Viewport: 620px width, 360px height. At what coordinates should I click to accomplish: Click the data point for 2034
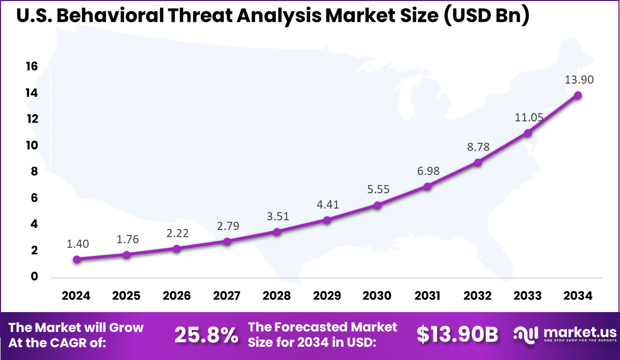578,95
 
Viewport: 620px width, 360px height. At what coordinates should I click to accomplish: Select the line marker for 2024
76,259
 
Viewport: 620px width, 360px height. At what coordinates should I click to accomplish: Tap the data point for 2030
377,205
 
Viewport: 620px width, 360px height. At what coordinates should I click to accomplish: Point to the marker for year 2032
478,162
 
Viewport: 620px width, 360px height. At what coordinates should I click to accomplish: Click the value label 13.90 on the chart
579,80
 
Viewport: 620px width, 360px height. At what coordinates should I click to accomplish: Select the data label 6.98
428,171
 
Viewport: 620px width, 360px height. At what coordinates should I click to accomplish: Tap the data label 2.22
177,233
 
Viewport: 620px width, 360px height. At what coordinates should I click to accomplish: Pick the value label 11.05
528,117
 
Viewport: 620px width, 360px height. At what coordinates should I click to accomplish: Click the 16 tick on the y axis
32,67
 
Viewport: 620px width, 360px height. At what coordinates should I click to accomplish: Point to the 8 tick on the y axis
35,172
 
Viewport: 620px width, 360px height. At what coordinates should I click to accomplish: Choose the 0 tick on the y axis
35,277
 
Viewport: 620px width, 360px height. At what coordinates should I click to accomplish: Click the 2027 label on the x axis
227,296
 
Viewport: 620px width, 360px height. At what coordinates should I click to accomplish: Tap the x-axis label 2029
327,296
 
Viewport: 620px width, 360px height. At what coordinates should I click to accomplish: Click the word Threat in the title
193,16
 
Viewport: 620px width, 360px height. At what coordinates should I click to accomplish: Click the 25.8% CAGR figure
206,335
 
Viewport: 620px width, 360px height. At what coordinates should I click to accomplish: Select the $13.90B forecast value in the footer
457,335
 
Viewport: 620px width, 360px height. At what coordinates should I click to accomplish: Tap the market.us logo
564,335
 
